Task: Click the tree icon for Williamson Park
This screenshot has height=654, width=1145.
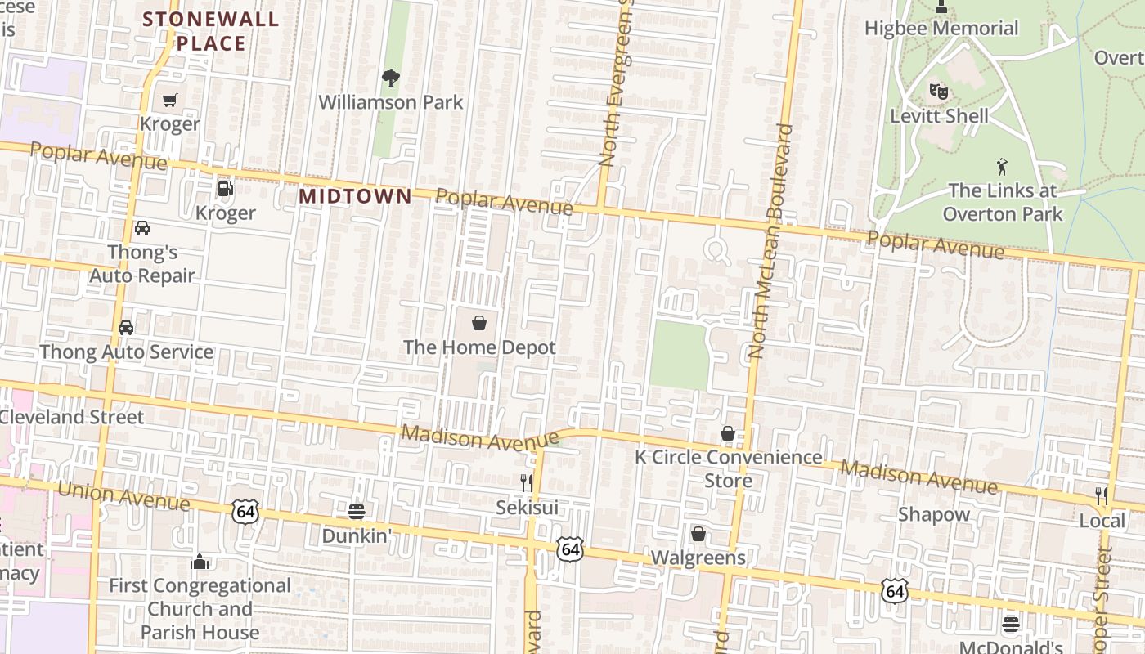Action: point(391,78)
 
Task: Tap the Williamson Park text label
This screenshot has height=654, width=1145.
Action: point(391,102)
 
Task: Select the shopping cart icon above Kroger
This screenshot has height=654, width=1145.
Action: point(169,101)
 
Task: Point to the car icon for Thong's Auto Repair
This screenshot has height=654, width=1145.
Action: point(142,228)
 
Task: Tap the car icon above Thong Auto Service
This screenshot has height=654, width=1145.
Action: point(126,328)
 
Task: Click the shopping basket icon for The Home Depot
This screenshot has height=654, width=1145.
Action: point(479,324)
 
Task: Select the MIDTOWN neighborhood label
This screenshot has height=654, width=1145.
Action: point(355,196)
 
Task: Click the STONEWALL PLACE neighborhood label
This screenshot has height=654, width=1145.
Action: point(211,31)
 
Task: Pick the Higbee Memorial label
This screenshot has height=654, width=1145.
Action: point(942,29)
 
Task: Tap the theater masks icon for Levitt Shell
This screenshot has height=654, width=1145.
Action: point(939,92)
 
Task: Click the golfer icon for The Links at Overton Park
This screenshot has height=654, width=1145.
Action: point(1002,167)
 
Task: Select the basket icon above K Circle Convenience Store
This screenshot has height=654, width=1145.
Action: point(728,433)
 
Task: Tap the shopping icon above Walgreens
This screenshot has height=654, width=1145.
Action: point(698,534)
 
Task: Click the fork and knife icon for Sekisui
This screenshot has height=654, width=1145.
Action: point(528,483)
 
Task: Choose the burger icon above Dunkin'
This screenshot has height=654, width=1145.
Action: point(356,512)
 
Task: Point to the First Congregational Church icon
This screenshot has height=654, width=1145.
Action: point(200,562)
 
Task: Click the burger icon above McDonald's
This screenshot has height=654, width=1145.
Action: point(1011,625)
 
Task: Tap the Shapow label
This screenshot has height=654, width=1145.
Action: point(934,514)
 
